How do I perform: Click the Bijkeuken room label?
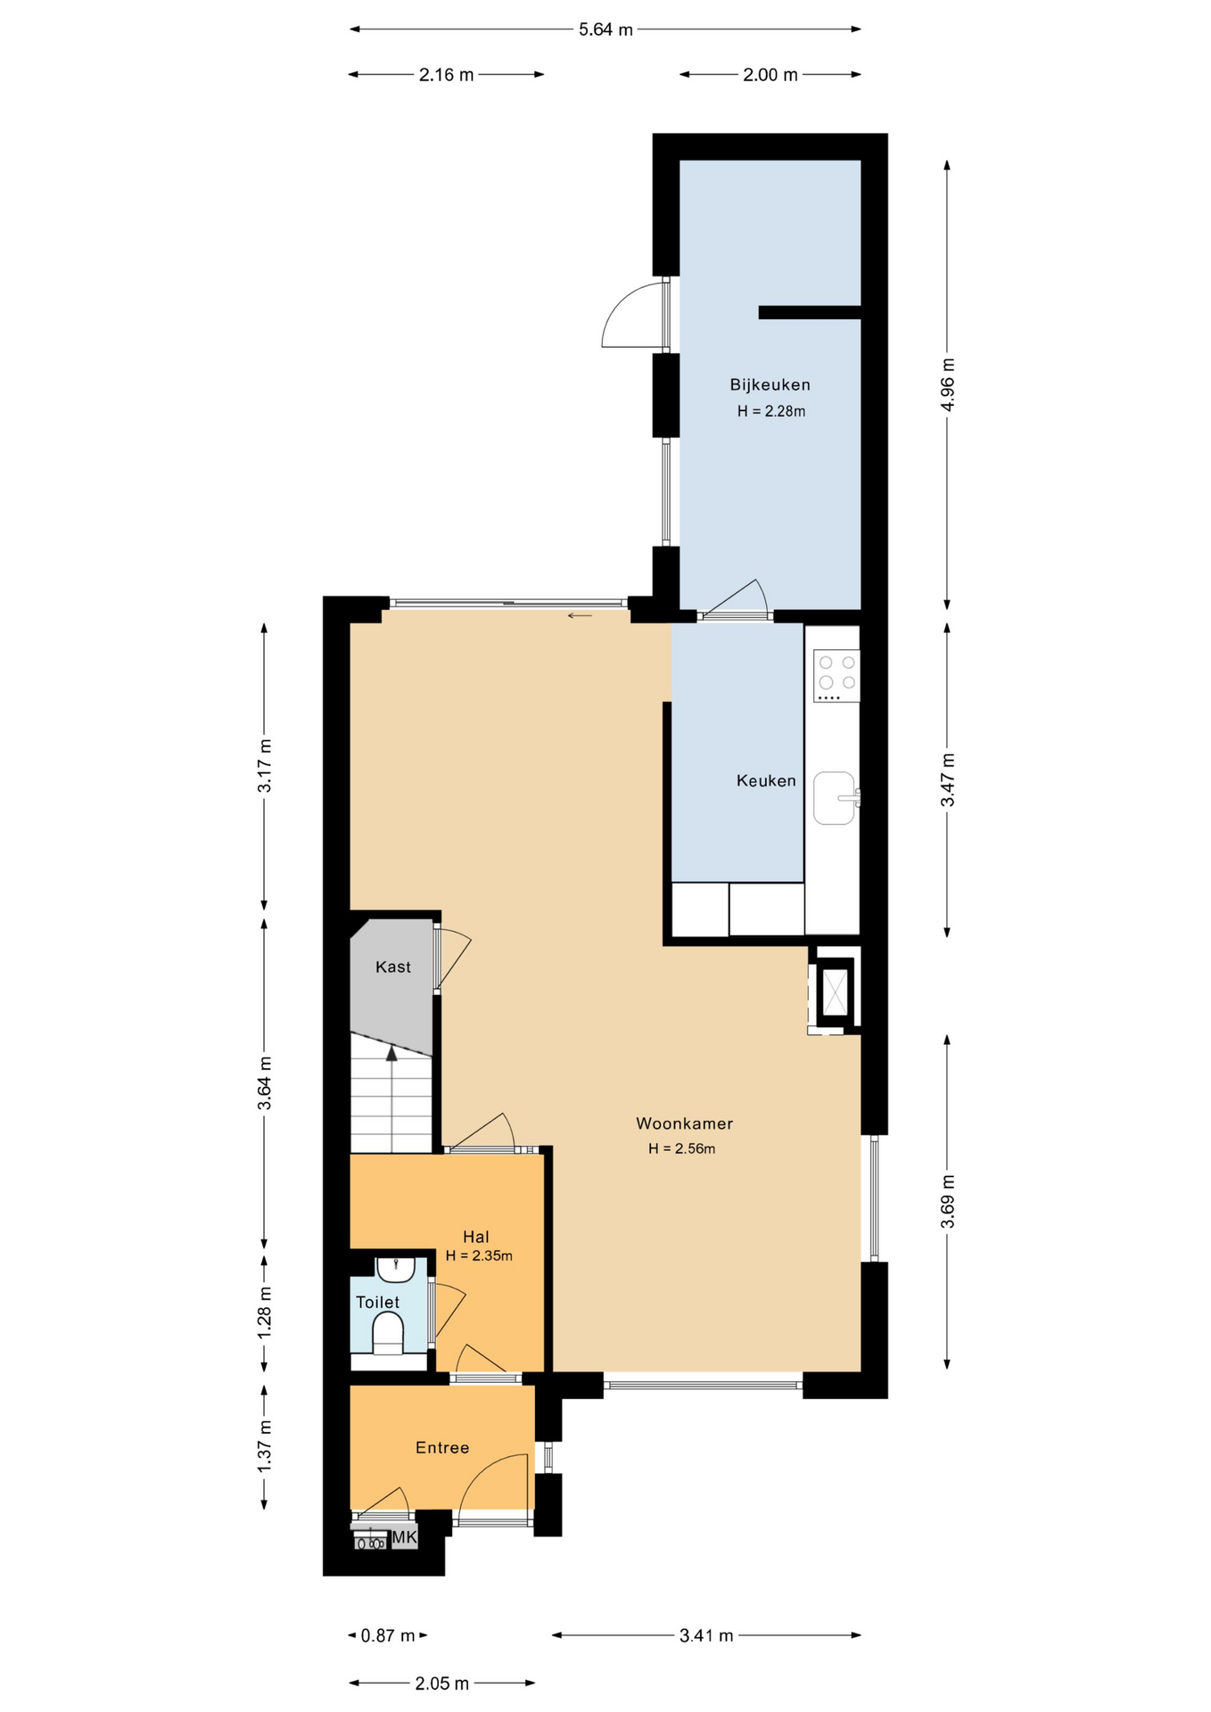pos(770,385)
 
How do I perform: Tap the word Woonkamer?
pos(684,1123)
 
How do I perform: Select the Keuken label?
pos(766,781)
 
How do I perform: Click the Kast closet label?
pos(393,967)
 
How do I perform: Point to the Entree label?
pos(442,1447)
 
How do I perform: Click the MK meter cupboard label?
pos(404,1536)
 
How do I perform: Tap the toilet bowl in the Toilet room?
pos(387,1333)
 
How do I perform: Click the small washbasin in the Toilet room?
pos(395,1269)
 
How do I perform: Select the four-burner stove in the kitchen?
pos(836,676)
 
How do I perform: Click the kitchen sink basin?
pos(835,798)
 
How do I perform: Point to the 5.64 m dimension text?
pos(605,29)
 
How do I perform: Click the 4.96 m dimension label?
pos(948,384)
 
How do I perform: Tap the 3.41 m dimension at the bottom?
pos(706,1635)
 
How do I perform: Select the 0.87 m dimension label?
pos(388,1635)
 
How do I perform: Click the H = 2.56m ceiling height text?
pos(681,1148)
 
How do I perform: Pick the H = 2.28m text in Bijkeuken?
pos(771,411)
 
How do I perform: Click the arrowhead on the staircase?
pos(391,1053)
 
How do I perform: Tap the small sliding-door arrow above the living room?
pos(580,615)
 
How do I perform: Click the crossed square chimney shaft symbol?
pos(836,990)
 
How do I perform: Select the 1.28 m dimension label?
pos(265,1311)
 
